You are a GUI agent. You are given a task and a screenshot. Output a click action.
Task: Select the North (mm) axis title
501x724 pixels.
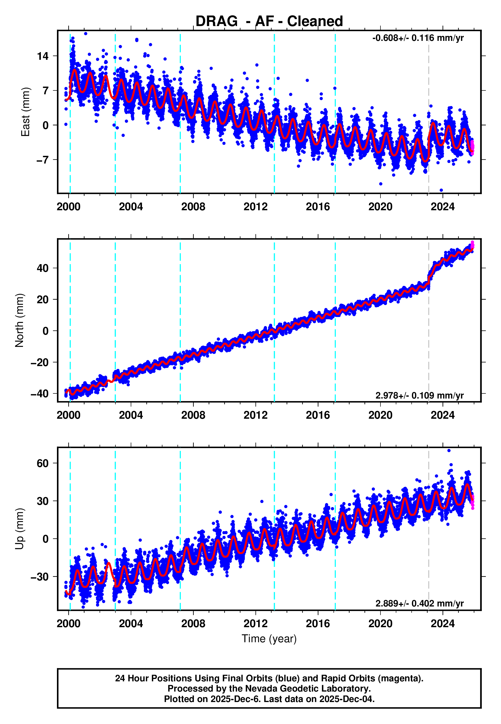(19, 320)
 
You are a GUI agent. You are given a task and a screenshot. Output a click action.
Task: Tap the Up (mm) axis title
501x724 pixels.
(19, 529)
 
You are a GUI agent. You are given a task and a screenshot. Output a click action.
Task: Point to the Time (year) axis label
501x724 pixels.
(269, 639)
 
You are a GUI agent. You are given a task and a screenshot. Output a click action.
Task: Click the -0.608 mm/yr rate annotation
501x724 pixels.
(418, 38)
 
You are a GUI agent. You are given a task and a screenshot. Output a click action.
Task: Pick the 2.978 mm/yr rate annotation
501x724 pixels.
(419, 395)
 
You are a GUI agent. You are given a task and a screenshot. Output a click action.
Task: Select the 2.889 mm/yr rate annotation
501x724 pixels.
(419, 603)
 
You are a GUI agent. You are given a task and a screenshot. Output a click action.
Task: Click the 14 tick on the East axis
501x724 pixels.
(43, 56)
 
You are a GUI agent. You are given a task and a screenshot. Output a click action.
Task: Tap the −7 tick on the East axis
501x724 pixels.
(43, 160)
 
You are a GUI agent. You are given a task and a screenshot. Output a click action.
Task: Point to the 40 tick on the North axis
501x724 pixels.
(43, 268)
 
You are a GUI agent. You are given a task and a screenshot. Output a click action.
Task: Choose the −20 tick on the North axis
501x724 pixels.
(40, 362)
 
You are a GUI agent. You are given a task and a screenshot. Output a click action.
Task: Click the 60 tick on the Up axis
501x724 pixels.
(43, 463)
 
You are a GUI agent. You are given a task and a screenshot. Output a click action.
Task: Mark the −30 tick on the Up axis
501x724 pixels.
(40, 577)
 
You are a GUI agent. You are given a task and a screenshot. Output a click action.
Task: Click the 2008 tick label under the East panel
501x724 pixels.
(193, 207)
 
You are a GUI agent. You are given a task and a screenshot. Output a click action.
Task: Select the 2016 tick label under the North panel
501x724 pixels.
(318, 415)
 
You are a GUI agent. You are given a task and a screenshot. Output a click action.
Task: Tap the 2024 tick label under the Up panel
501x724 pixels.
(442, 624)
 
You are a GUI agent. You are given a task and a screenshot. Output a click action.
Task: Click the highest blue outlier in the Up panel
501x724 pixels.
(449, 451)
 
